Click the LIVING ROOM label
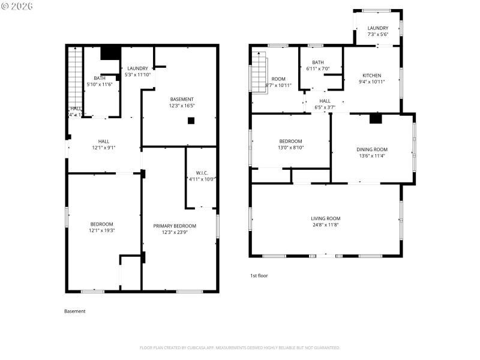(325, 221)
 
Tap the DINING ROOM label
(373, 152)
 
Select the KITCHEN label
(371, 79)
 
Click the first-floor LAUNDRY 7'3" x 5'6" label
(377, 31)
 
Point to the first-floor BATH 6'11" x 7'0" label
(318, 65)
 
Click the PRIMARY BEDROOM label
(175, 229)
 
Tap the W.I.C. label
(201, 175)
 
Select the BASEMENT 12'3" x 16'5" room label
(182, 102)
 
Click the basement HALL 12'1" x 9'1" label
(104, 144)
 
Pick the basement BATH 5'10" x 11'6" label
(100, 81)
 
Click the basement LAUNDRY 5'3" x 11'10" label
(137, 71)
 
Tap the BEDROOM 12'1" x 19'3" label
(101, 227)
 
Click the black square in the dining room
(376, 119)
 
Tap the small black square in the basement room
(191, 120)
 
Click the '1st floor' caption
(259, 275)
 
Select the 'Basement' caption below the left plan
(75, 311)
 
